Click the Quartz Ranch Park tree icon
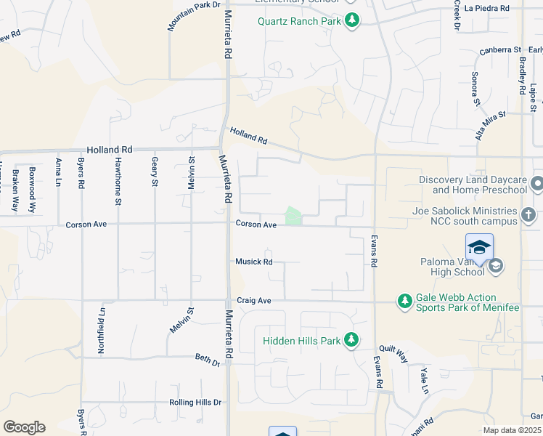click(x=351, y=20)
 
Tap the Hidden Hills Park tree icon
click(x=351, y=340)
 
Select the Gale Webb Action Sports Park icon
click(x=404, y=300)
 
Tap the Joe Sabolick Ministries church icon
click(x=528, y=215)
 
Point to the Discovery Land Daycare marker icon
click(x=536, y=182)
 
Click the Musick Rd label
click(x=253, y=262)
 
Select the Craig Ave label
click(x=253, y=300)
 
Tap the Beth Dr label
click(x=207, y=358)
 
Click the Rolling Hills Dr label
click(x=195, y=402)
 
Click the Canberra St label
click(x=501, y=51)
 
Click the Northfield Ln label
click(x=102, y=331)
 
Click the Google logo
click(x=24, y=427)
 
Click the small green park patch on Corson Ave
click(x=293, y=216)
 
